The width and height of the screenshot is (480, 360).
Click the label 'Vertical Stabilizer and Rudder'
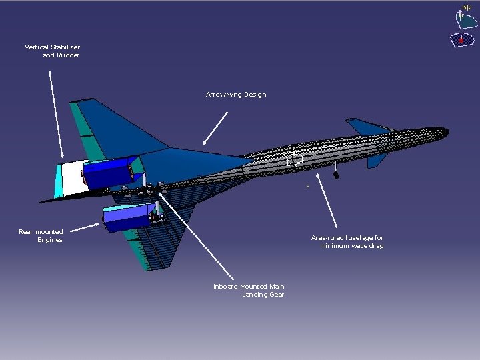(x=52, y=51)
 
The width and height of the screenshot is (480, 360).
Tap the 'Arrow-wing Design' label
(x=236, y=95)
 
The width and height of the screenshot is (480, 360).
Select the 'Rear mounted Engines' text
(x=41, y=235)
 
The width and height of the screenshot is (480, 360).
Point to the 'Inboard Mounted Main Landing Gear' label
(x=249, y=290)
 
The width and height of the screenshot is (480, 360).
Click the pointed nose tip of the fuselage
(x=445, y=134)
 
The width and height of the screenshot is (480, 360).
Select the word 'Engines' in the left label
(x=50, y=240)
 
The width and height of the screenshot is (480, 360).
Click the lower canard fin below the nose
(x=377, y=160)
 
